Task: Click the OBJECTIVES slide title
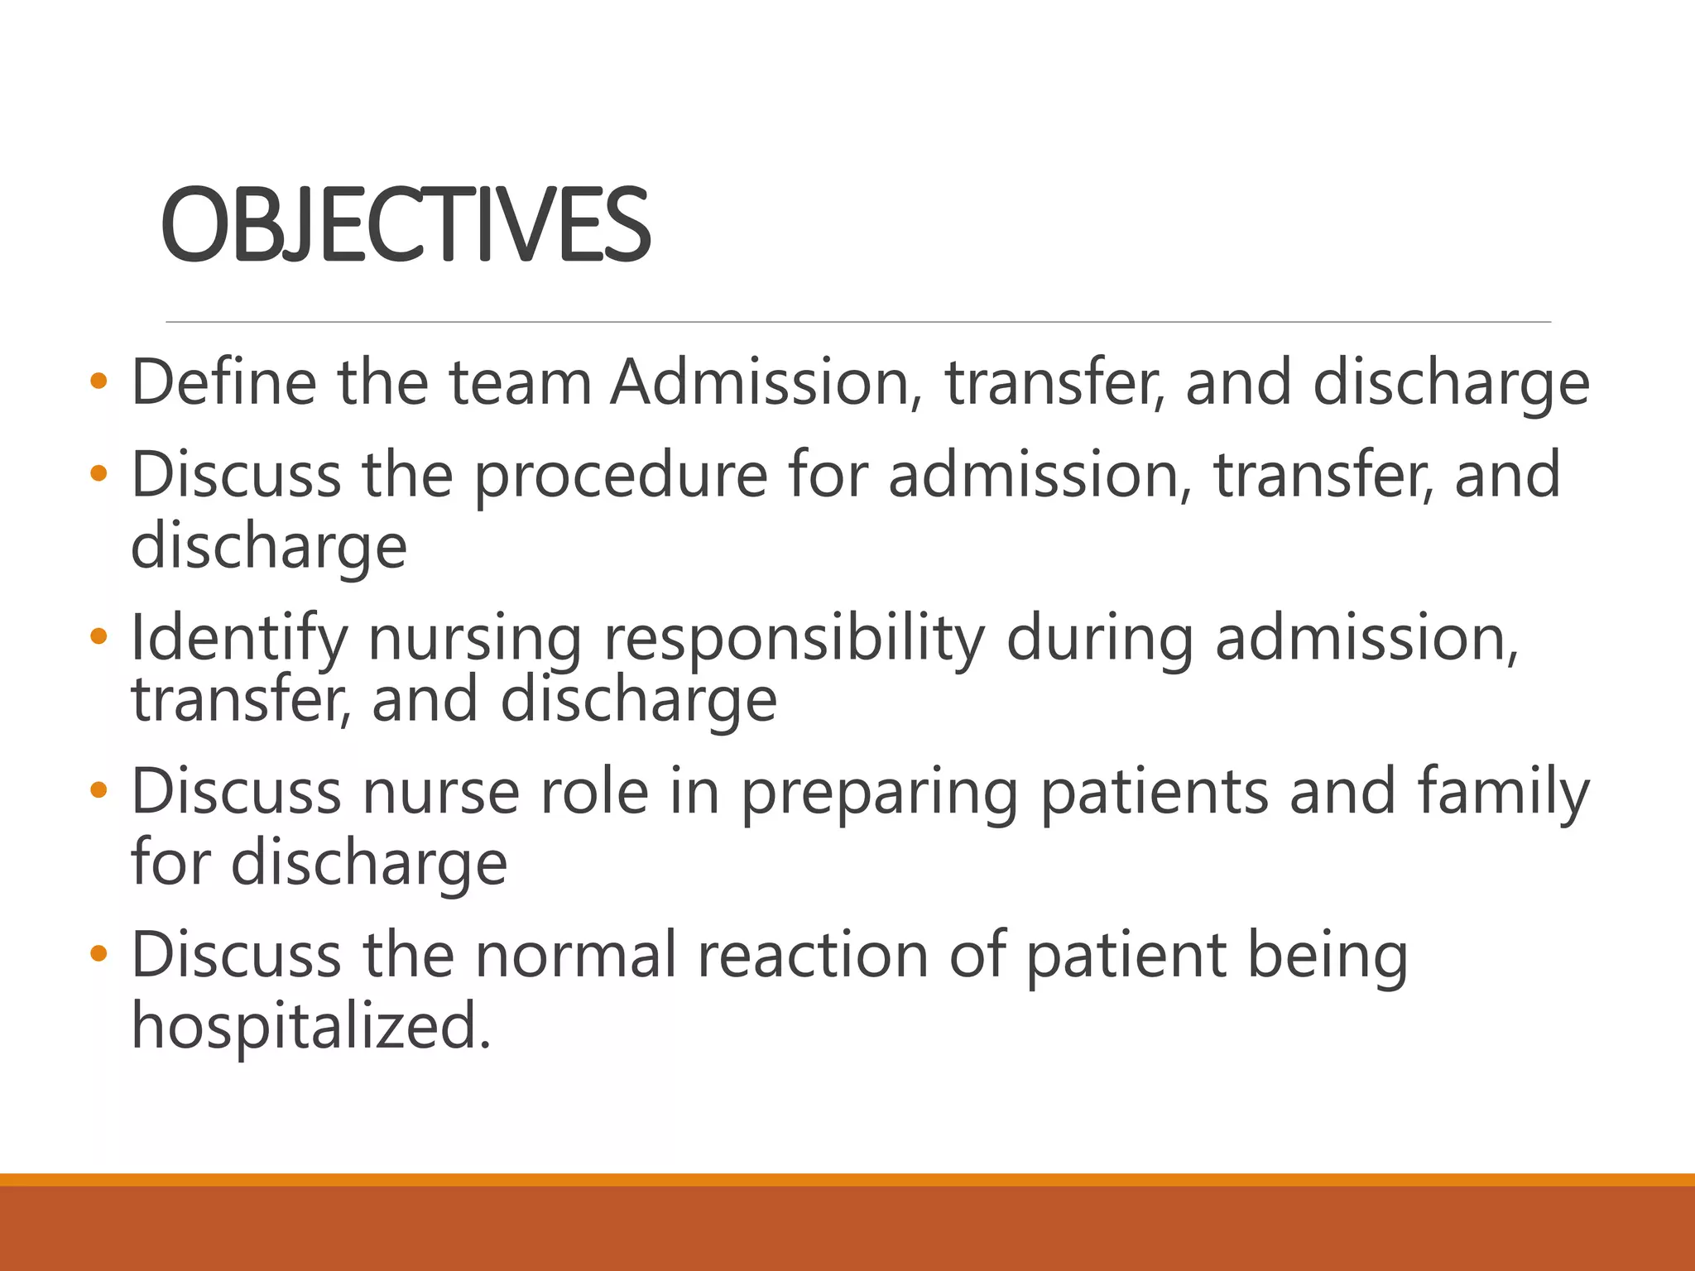[406, 225]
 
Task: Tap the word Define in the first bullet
[223, 382]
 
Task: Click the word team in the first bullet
[520, 382]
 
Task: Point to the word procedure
[621, 475]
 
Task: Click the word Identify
[239, 639]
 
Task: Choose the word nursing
[474, 639]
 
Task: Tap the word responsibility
[795, 639]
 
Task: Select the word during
[1099, 639]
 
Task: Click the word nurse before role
[441, 792]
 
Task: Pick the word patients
[1154, 792]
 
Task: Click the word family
[1503, 792]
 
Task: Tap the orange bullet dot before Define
[98, 382]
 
